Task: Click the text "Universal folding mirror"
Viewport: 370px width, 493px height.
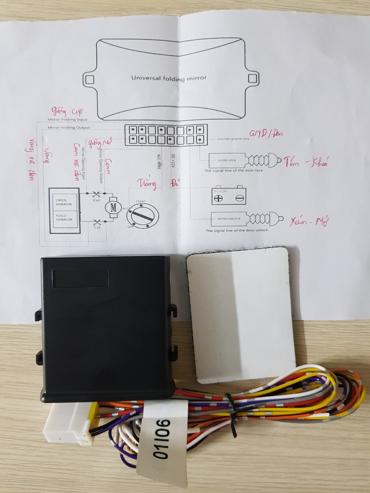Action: [169, 78]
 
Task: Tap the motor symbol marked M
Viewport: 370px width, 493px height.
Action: [113, 207]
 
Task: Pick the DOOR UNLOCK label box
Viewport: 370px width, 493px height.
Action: [229, 219]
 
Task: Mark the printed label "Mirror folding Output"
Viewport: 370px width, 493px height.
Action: [69, 127]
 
